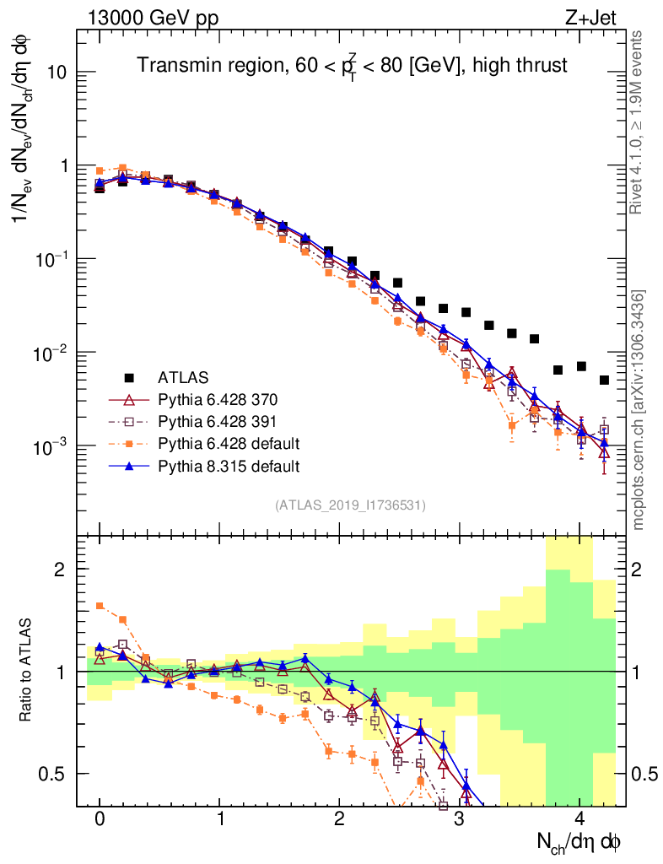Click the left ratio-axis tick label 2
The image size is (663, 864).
tap(60, 570)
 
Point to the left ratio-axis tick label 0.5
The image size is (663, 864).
tap(53, 774)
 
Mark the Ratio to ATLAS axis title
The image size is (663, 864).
tap(28, 671)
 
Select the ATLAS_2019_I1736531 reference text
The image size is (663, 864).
tap(350, 505)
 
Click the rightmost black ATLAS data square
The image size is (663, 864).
tap(604, 381)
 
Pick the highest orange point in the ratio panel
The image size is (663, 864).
tap(100, 606)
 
